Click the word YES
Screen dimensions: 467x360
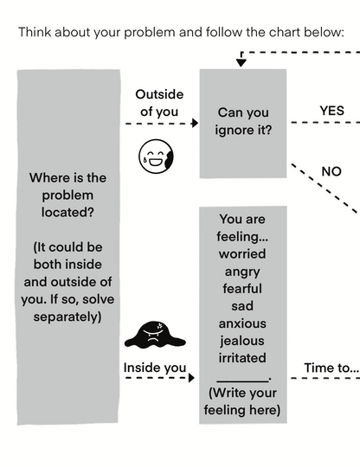point(331,111)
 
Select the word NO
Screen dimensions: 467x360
point(331,171)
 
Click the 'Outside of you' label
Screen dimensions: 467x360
point(157,103)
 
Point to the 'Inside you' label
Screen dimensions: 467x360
point(155,368)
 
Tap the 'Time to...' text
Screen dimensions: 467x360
point(331,368)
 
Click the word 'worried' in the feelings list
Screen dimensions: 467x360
point(242,253)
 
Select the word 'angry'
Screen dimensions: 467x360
point(242,271)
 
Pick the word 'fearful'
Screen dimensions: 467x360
point(242,288)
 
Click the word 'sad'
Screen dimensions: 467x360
point(242,305)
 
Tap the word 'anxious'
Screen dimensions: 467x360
point(242,323)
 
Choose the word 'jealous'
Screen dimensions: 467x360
point(242,340)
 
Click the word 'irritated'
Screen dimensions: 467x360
point(242,357)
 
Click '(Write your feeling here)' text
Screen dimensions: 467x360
point(242,400)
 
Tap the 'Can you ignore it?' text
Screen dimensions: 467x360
point(242,121)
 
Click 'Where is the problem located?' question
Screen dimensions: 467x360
point(67,195)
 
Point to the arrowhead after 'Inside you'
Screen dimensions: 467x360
point(194,379)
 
